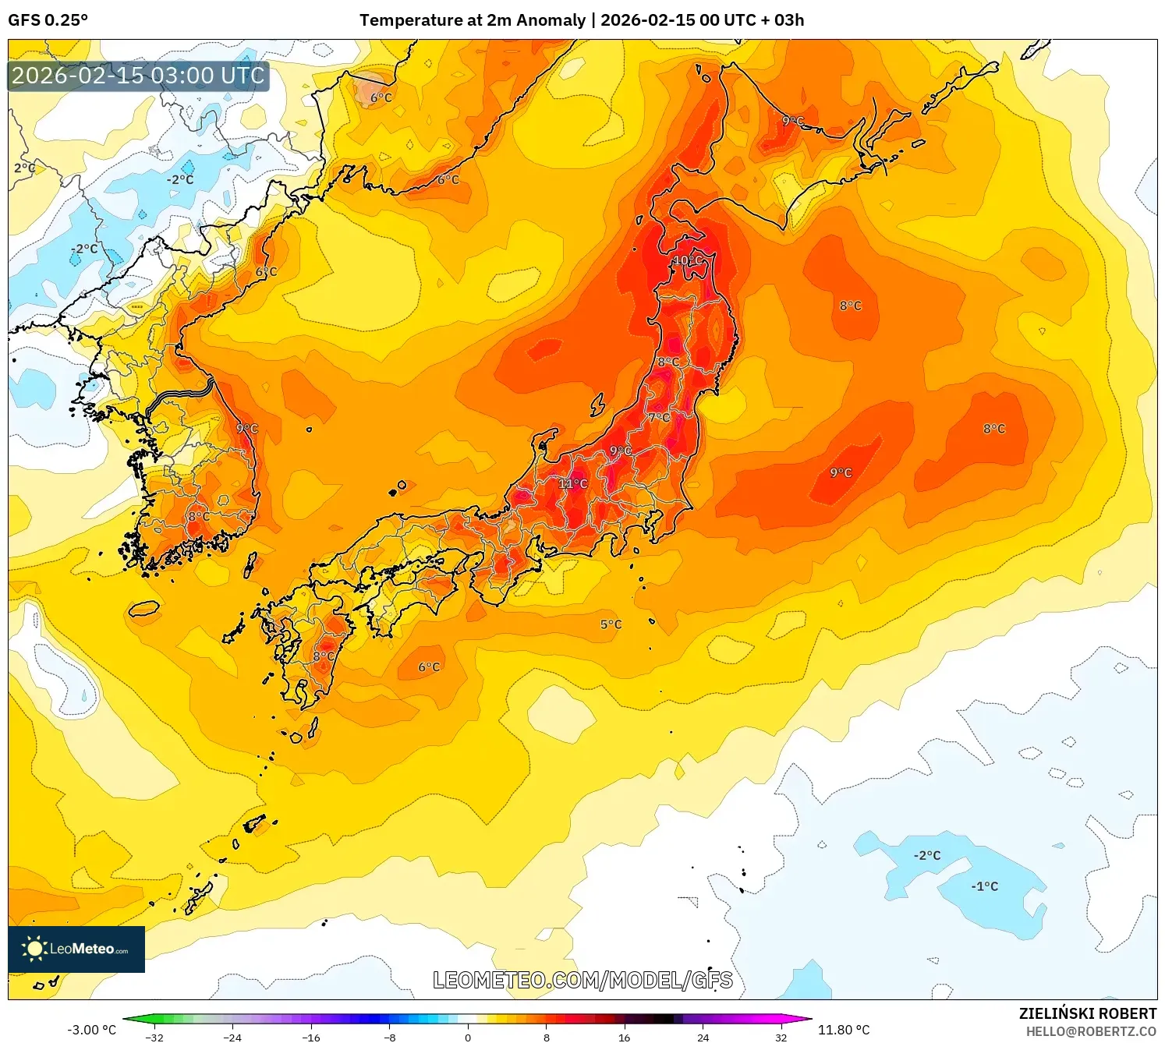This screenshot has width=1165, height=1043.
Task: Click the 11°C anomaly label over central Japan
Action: click(573, 484)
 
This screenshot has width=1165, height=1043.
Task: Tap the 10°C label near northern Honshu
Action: click(688, 260)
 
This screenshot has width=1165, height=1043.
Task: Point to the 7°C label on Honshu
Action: click(659, 418)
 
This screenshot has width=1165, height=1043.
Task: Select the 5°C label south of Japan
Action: click(611, 624)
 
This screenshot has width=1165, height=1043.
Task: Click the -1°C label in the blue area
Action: click(984, 886)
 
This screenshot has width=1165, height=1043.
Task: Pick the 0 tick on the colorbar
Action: click(468, 1037)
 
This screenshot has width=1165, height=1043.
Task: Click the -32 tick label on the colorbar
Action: click(154, 1037)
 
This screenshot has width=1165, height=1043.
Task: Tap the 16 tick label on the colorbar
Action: click(624, 1037)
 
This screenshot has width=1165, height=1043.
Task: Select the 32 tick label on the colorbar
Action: click(781, 1037)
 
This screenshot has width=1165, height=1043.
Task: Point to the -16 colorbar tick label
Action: click(311, 1037)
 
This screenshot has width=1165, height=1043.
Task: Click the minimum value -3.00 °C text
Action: click(91, 1030)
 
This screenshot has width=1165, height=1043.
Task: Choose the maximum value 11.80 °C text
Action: click(844, 1030)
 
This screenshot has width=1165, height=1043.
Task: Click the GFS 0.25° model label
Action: click(48, 20)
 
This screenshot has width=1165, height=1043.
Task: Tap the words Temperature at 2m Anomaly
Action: click(472, 20)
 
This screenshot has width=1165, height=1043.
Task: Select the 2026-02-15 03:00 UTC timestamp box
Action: click(138, 76)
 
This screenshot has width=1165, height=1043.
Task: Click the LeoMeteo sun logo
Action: click(34, 949)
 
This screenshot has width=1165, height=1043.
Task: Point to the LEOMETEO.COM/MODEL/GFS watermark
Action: click(582, 980)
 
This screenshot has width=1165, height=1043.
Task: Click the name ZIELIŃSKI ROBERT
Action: click(1087, 1013)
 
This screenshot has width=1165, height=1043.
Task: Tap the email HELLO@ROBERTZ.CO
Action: click(1090, 1031)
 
